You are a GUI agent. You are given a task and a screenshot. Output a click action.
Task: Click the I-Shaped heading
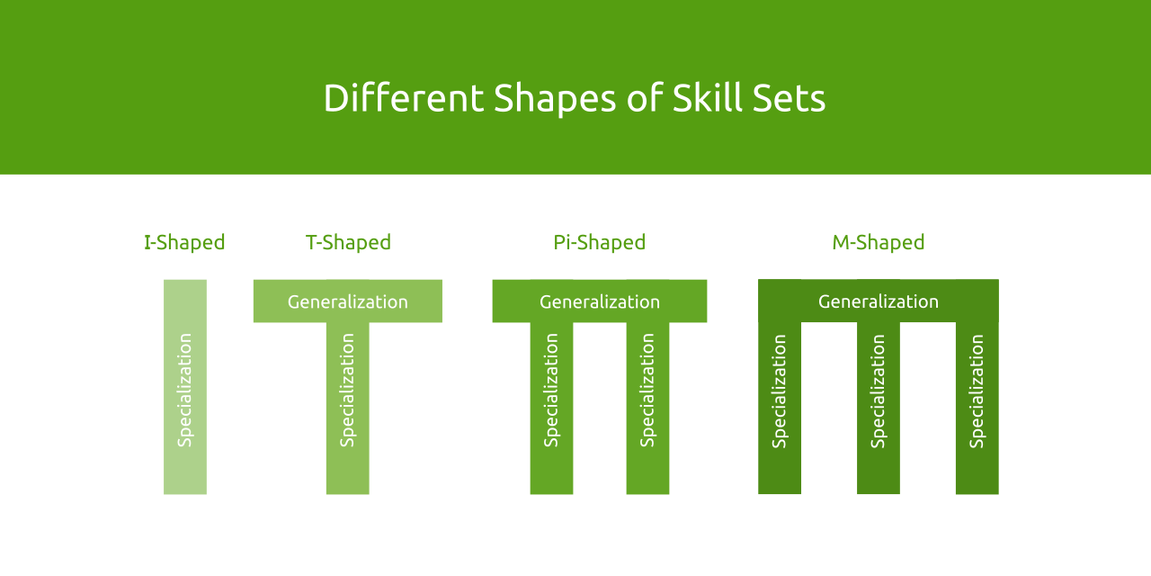[184, 242]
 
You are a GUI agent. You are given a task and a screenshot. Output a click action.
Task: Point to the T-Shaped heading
[348, 242]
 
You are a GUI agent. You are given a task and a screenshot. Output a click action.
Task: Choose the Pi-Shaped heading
[599, 242]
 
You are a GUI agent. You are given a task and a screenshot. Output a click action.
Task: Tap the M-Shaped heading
[878, 242]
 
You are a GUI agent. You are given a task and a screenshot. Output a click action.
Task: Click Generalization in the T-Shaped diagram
[347, 301]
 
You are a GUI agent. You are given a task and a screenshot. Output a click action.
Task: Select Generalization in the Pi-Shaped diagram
[599, 301]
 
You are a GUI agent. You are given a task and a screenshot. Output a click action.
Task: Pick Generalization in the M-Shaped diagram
[878, 301]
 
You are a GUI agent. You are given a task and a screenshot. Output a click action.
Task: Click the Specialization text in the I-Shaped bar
[185, 390]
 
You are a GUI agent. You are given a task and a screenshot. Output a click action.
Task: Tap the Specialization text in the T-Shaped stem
[348, 390]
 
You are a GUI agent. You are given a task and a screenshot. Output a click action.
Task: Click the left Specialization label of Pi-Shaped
[551, 390]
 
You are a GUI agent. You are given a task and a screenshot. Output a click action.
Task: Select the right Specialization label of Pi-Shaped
[647, 390]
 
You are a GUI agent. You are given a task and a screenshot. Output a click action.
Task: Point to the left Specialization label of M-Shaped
[780, 391]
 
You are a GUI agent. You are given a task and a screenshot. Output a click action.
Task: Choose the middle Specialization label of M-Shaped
[879, 391]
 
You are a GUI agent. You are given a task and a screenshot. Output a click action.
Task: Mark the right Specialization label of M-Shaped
[977, 391]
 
